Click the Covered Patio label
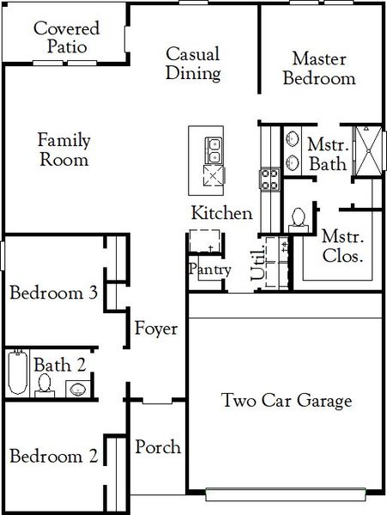click(66, 36)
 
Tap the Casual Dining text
click(193, 64)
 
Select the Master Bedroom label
click(324, 68)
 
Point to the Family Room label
click(64, 149)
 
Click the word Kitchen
click(221, 213)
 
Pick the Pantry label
click(210, 270)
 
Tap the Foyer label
click(155, 329)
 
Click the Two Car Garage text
click(287, 400)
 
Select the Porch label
click(158, 447)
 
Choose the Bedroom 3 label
click(52, 293)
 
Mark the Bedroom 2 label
click(52, 457)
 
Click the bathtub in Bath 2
click(16, 373)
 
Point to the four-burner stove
click(269, 179)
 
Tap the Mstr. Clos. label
click(342, 245)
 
